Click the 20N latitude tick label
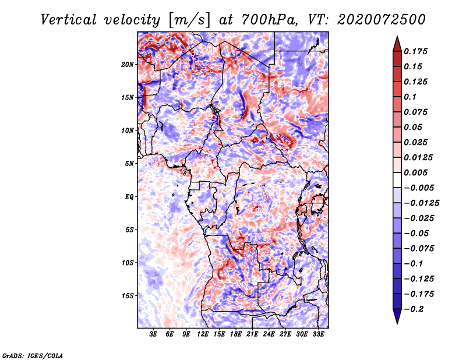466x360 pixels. pyautogui.click(x=128, y=65)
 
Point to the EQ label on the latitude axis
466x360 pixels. pyautogui.click(x=129, y=197)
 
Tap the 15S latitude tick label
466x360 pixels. pyautogui.click(x=128, y=296)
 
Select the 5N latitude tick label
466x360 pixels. pyautogui.click(x=129, y=164)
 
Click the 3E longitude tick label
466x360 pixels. pyautogui.click(x=153, y=334)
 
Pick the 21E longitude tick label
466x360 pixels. pyautogui.click(x=252, y=334)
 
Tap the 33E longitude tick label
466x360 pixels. pyautogui.click(x=318, y=334)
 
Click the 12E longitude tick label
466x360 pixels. pyautogui.click(x=202, y=334)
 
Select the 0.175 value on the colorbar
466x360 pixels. pyautogui.click(x=415, y=51)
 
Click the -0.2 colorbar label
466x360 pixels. pyautogui.click(x=414, y=309)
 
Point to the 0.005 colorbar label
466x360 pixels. pyautogui.click(x=415, y=172)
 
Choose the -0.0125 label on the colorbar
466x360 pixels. pyautogui.click(x=421, y=203)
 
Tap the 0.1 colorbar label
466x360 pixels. pyautogui.click(x=410, y=97)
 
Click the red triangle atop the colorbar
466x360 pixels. pyautogui.click(x=397, y=44)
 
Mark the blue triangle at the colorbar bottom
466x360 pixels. pyautogui.click(x=397, y=316)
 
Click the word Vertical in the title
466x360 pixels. pyautogui.click(x=69, y=20)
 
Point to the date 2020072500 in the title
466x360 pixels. pyautogui.click(x=382, y=20)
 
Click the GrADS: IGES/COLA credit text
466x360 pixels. pyautogui.click(x=33, y=356)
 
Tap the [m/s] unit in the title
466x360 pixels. pyautogui.click(x=189, y=20)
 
